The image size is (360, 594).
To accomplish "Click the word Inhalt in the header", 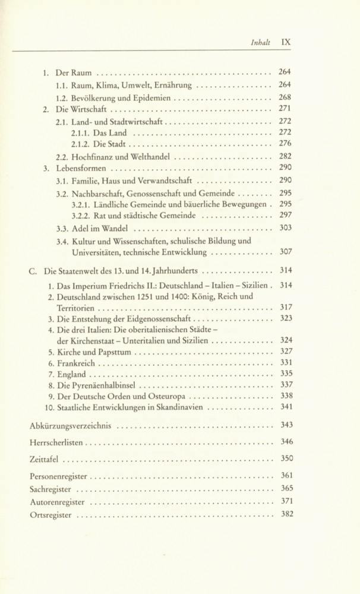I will tap(261, 43).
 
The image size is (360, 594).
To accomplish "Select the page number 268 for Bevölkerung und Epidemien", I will tap(285, 97).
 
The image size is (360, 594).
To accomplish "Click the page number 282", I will tap(285, 156).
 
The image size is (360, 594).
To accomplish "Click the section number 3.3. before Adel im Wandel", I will tap(63, 228).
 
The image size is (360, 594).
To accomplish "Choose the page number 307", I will tap(285, 252).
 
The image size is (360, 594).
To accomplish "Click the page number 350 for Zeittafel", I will tap(286, 459).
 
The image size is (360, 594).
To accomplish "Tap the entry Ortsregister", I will tap(50, 515).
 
